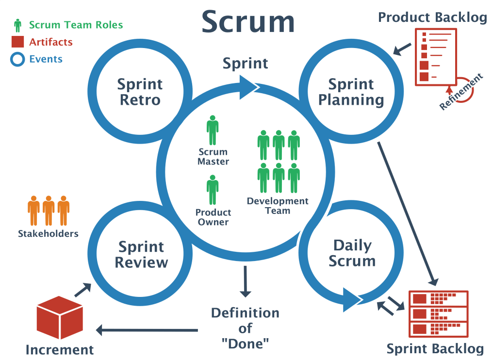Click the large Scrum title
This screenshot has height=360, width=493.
pos(248,22)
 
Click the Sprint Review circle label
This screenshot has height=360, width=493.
pos(141,254)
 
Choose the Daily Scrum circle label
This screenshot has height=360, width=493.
pos(352,253)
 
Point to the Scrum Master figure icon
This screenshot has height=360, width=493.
pos(213,131)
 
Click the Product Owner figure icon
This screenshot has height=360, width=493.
pos(213,191)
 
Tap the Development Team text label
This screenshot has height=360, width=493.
pos(278,206)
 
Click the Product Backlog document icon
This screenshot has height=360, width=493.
pos(436,56)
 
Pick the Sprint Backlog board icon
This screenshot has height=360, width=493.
pos(438,314)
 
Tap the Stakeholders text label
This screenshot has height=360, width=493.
pos(48,233)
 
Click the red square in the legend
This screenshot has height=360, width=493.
pos(17,42)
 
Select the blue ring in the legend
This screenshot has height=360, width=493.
pos(17,60)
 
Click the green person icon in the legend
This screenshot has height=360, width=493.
pos(17,25)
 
